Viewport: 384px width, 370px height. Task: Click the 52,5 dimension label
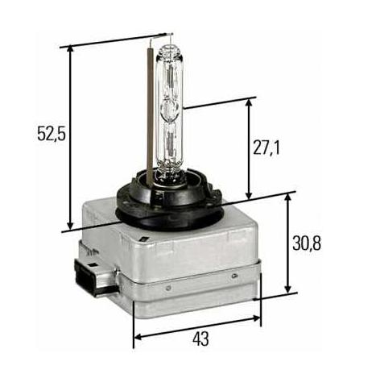point(52,133)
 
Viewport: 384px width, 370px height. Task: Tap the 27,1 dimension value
point(266,148)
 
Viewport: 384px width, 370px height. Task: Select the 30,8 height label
point(307,243)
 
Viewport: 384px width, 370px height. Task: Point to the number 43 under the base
point(200,339)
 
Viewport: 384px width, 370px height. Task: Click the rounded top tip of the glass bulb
point(170,48)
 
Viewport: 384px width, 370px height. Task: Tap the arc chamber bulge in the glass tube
point(170,109)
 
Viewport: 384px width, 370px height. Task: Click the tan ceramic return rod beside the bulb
point(150,113)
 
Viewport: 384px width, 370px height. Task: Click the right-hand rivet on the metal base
point(234,276)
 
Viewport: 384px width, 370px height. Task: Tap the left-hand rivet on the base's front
point(168,288)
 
